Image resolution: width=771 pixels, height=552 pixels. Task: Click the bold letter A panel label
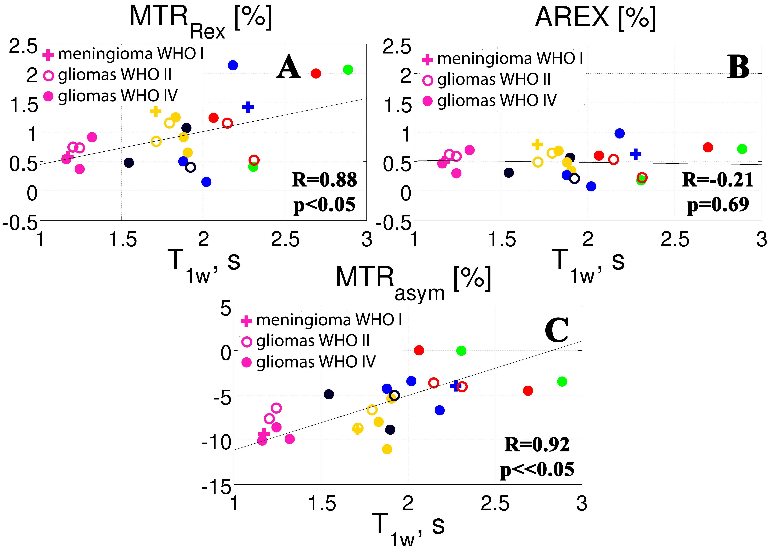pos(288,67)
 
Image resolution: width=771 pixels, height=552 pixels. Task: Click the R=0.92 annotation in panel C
pos(537,445)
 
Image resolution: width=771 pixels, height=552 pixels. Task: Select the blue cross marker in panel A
pos(248,107)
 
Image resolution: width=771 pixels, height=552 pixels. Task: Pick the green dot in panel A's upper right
pos(348,70)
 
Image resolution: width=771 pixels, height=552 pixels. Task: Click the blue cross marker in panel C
pos(455,385)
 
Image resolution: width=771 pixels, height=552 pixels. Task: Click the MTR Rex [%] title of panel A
pos(200,20)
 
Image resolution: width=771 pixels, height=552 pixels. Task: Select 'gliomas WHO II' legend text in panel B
pos(493,79)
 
